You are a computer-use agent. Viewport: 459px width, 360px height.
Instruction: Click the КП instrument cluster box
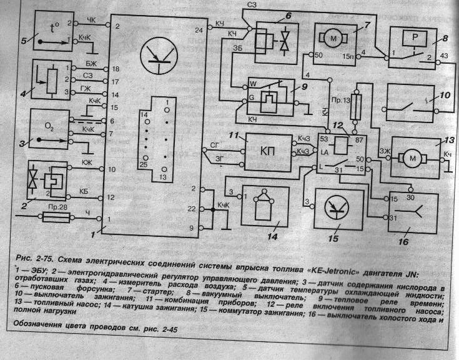(x=267, y=152)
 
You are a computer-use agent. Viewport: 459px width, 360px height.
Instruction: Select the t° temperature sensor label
(x=54, y=27)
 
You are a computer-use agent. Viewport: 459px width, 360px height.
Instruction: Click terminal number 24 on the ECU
(x=199, y=29)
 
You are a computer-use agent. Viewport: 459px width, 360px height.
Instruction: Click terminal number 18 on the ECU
(x=116, y=68)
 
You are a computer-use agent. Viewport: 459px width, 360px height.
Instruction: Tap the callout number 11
(x=234, y=135)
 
